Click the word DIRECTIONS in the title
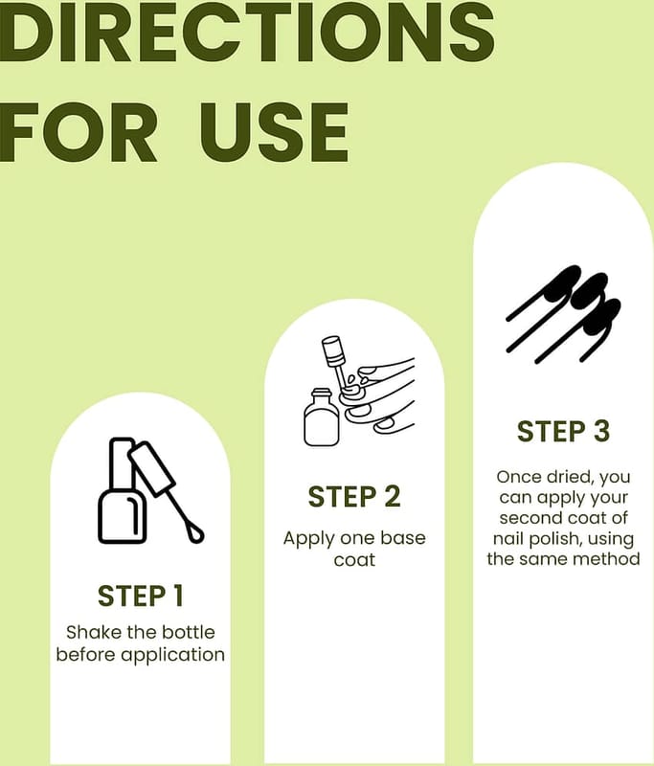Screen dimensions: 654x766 pos(247,31)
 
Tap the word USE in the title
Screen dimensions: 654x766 pos(274,133)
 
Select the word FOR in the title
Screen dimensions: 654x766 pos(78,133)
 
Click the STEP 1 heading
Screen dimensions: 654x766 pos(140,596)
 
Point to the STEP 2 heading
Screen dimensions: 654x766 pos(354,497)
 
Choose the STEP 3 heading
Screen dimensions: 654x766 pos(564,432)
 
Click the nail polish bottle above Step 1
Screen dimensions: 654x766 pos(123,490)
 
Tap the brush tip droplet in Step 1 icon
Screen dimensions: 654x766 pos(195,533)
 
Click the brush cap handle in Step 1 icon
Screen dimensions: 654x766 pos(151,468)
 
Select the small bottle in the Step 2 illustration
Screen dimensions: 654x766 pos(322,417)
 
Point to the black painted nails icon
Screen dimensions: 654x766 pos(563,314)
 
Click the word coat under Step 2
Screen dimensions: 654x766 pos(354,560)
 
